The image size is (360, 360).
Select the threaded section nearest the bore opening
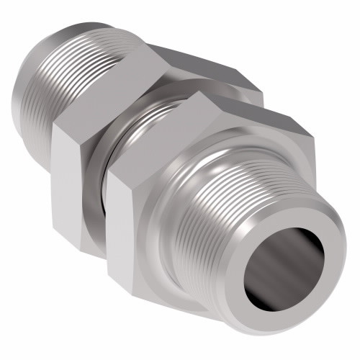[x=238, y=216]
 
